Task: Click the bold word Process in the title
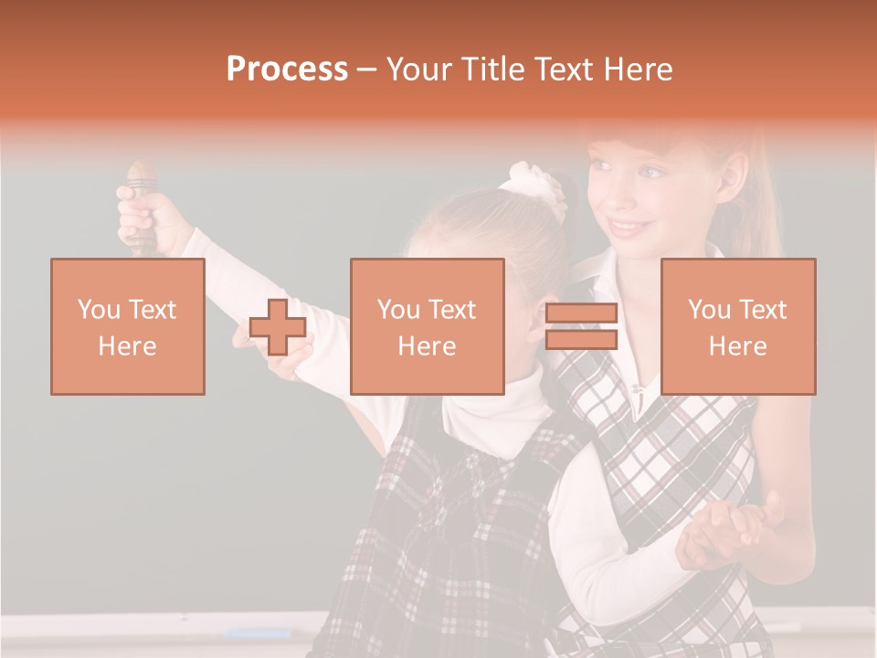pyautogui.click(x=287, y=69)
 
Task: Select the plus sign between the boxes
pyautogui.click(x=278, y=327)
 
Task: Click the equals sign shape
pyautogui.click(x=581, y=327)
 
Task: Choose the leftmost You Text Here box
pyautogui.click(x=128, y=326)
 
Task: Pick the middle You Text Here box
pyautogui.click(x=427, y=326)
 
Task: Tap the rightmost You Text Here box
pyautogui.click(x=737, y=326)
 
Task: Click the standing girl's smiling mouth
pyautogui.click(x=629, y=226)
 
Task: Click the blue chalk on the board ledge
pyautogui.click(x=258, y=632)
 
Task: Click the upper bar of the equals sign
pyautogui.click(x=581, y=313)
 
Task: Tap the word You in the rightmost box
pyautogui.click(x=708, y=310)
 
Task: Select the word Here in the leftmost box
pyautogui.click(x=128, y=346)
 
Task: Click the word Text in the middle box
pyautogui.click(x=452, y=310)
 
